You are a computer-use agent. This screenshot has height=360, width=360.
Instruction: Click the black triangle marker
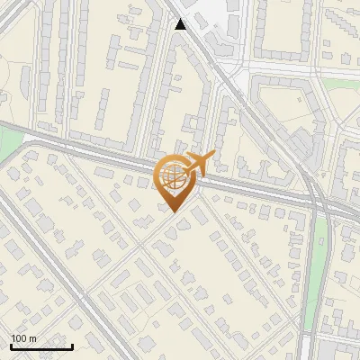(x=181, y=24)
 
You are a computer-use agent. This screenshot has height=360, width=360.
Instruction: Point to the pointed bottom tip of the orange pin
(x=173, y=212)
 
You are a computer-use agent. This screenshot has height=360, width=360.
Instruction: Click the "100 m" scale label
(x=23, y=338)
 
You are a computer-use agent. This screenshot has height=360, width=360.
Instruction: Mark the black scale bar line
(x=41, y=346)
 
